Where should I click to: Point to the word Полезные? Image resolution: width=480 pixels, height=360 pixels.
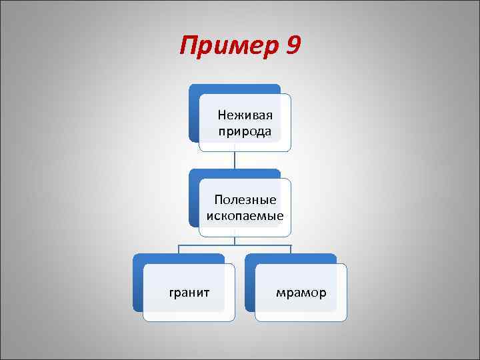pos(245,199)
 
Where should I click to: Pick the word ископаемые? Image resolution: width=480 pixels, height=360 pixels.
pos(245,216)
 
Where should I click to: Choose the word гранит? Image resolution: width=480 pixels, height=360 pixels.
pos(189,293)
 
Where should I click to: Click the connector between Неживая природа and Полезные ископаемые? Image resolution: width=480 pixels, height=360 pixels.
pos(235,160)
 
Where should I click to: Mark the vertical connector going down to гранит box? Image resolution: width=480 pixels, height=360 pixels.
pos(179,249)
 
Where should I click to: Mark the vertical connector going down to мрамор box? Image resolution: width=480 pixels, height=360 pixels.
pos(291,249)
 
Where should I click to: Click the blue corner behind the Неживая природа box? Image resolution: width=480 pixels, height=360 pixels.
pos(194,91)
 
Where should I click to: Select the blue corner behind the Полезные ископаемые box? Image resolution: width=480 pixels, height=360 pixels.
pos(194,175)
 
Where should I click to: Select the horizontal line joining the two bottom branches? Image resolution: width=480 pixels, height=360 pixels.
pos(235,245)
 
